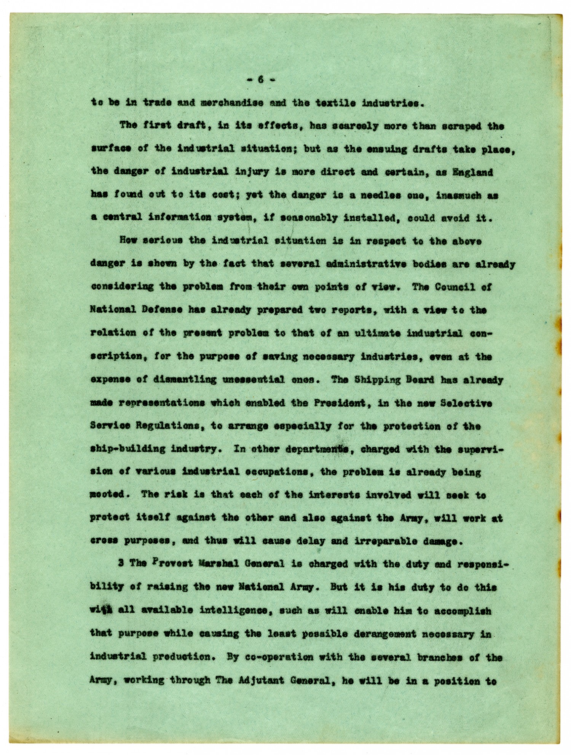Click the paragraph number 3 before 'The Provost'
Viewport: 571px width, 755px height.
tap(121, 564)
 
